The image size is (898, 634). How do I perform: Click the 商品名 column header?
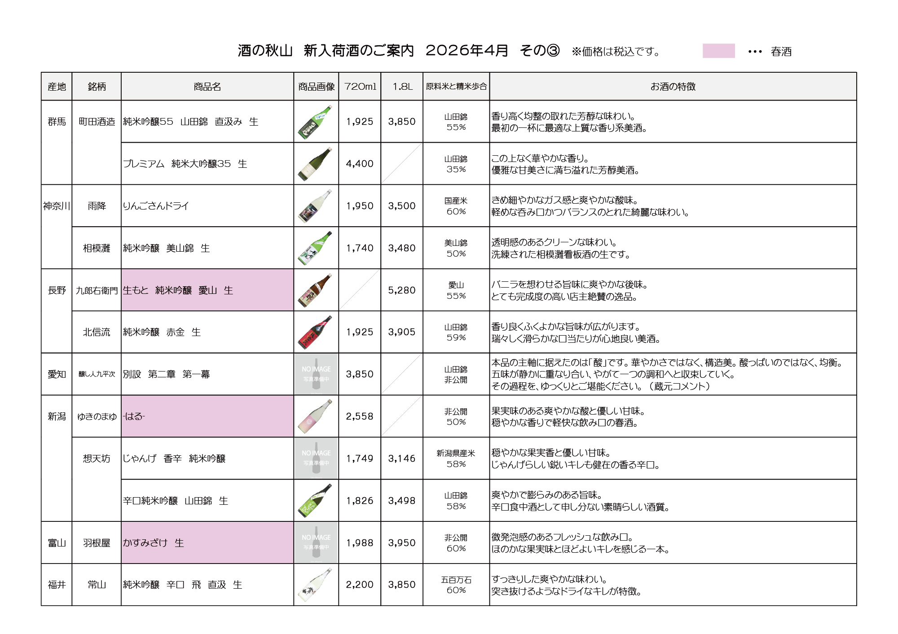pos(207,87)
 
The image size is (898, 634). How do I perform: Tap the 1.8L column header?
pos(402,87)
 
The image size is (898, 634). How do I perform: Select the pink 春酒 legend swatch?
pos(718,51)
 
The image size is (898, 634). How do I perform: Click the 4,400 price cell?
pos(359,164)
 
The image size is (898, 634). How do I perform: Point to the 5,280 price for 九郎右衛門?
pos(402,290)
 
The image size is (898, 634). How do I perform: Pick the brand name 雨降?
pos(97,206)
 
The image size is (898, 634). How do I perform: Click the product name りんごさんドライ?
pos(156,206)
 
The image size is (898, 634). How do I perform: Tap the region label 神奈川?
pos(57,206)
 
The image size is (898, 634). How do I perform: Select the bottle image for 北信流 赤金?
pos(316,332)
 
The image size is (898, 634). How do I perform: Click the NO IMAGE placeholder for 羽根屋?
pos(316,542)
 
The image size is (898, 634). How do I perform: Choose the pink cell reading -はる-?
pos(207,416)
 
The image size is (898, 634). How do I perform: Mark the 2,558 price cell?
pos(359,416)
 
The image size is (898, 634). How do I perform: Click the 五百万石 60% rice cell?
pos(456,585)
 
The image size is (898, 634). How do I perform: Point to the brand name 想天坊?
pos(97,459)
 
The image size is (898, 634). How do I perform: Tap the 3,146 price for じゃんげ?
pos(402,459)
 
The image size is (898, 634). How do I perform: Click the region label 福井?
pos(57,585)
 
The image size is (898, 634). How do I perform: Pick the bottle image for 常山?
pos(316,585)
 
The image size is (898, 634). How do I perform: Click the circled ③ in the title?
pos(554,51)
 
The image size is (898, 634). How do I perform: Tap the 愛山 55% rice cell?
pos(456,290)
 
